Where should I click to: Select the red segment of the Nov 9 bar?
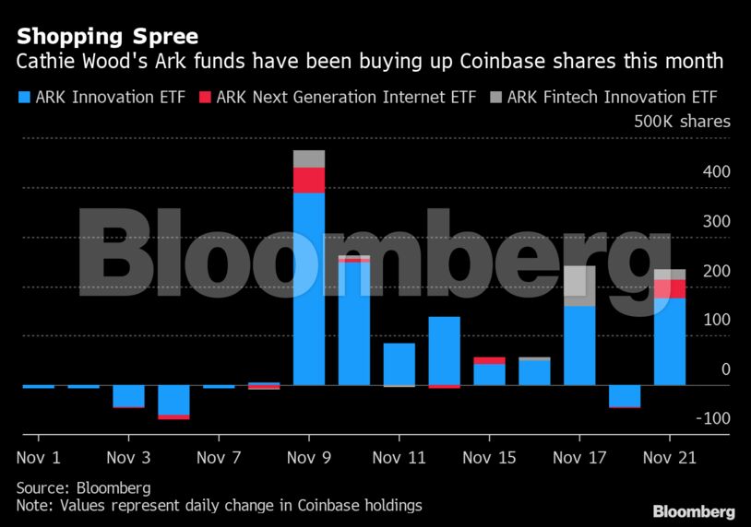tap(309, 180)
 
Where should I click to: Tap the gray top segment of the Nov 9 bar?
tap(309, 158)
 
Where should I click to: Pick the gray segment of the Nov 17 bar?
tap(579, 286)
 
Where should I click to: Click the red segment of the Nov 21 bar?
tap(670, 288)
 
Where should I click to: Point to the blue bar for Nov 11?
tap(399, 364)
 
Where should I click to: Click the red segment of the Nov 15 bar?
tap(489, 360)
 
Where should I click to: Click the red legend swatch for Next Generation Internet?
tap(205, 97)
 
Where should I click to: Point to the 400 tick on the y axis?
tap(718, 172)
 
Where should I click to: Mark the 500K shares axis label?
tap(682, 122)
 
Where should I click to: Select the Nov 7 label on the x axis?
tap(219, 457)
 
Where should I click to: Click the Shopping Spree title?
tap(107, 37)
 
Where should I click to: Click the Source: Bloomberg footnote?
tap(83, 487)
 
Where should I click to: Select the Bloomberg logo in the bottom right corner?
tap(694, 511)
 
